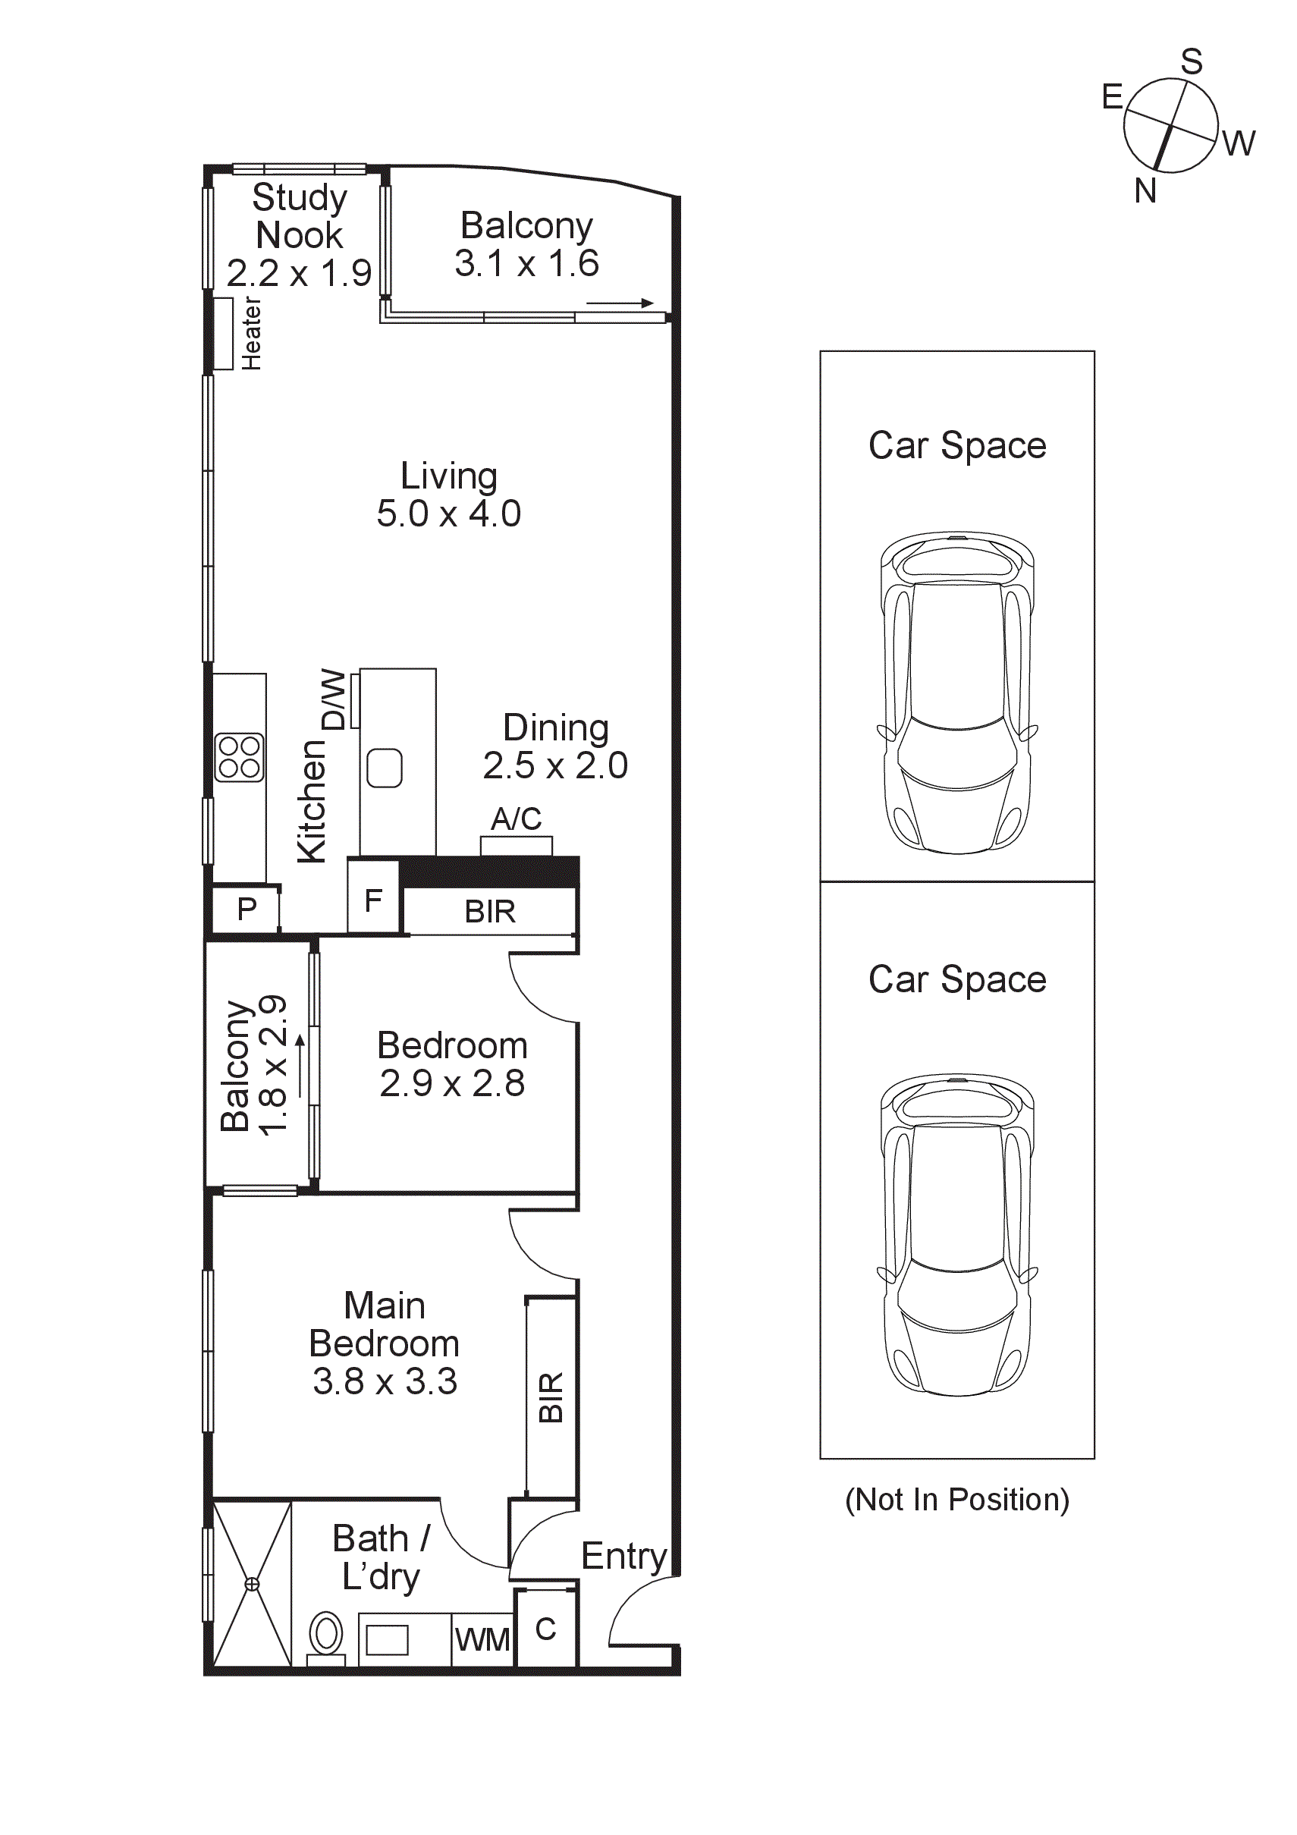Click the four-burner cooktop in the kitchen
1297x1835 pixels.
(x=239, y=756)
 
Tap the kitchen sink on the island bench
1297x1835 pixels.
(x=385, y=767)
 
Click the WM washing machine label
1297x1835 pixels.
(x=482, y=1639)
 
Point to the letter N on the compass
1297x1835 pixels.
(x=1145, y=191)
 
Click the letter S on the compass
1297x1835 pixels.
(x=1192, y=62)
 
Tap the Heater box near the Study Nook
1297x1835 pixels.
(x=224, y=333)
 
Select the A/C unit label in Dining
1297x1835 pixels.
(x=516, y=819)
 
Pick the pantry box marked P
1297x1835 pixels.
(x=247, y=909)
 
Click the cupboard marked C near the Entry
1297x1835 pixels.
(x=546, y=1629)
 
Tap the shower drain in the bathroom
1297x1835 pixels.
(x=252, y=1584)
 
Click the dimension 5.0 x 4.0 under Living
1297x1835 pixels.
(x=448, y=514)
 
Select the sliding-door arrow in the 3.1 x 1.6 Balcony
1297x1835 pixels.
(x=620, y=303)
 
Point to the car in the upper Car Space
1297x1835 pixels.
(x=956, y=692)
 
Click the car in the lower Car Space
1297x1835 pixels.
(x=956, y=1235)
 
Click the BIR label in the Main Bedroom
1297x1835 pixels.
(x=551, y=1397)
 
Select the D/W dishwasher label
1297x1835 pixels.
(x=333, y=699)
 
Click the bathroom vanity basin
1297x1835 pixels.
(x=387, y=1640)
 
